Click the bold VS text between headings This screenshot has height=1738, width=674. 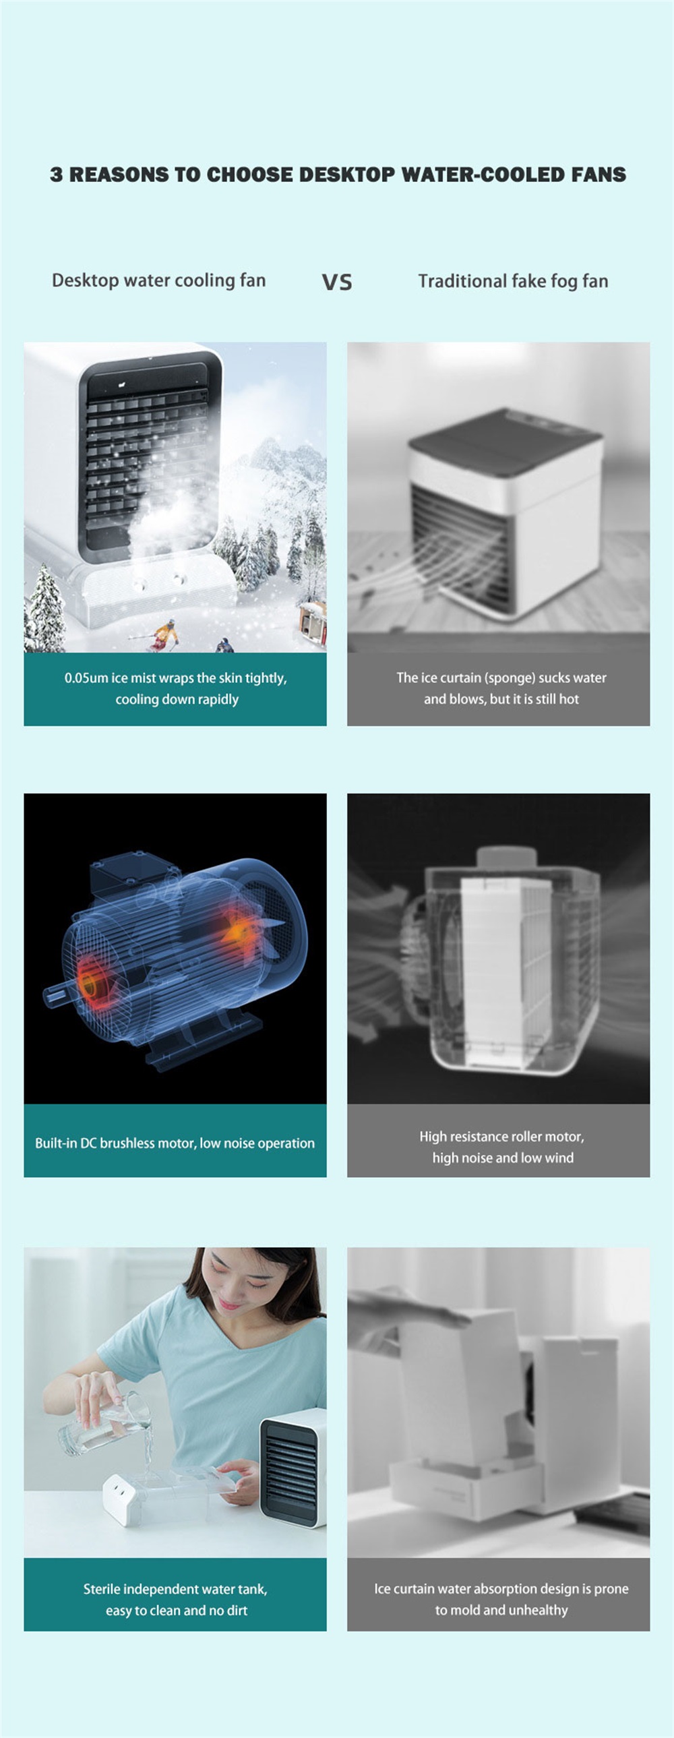(336, 282)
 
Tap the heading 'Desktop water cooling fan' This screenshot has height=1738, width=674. (158, 280)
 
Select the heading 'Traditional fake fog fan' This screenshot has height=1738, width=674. (513, 281)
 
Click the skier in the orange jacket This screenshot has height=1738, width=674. (163, 635)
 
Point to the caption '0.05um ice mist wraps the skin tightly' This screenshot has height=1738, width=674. (175, 678)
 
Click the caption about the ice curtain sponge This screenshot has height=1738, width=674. (501, 688)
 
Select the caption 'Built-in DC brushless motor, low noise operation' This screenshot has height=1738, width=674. (175, 1143)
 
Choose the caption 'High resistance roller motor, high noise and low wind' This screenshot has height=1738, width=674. (502, 1147)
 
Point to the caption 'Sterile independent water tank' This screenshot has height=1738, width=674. (175, 1589)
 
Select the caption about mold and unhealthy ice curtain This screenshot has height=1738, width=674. (501, 1599)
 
